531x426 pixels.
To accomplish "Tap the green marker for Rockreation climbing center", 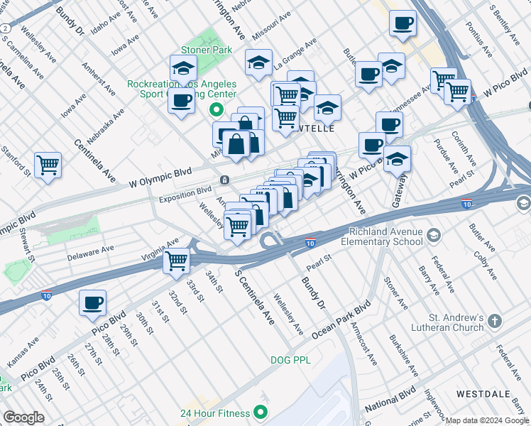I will tap(217, 111).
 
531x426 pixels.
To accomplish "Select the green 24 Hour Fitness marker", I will tap(261, 413).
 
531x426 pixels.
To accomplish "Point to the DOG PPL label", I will tap(291, 360).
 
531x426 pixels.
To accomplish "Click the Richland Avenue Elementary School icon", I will tap(434, 235).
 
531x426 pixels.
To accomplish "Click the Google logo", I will tap(24, 417).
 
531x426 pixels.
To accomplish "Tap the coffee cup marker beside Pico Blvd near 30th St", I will tap(92, 303).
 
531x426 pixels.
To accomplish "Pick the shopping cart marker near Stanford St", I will tap(48, 165).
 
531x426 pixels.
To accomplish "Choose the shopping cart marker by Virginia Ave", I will tap(176, 261).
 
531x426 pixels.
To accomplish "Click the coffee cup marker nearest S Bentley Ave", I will tap(403, 23).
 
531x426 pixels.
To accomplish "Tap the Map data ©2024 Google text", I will tap(487, 420).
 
